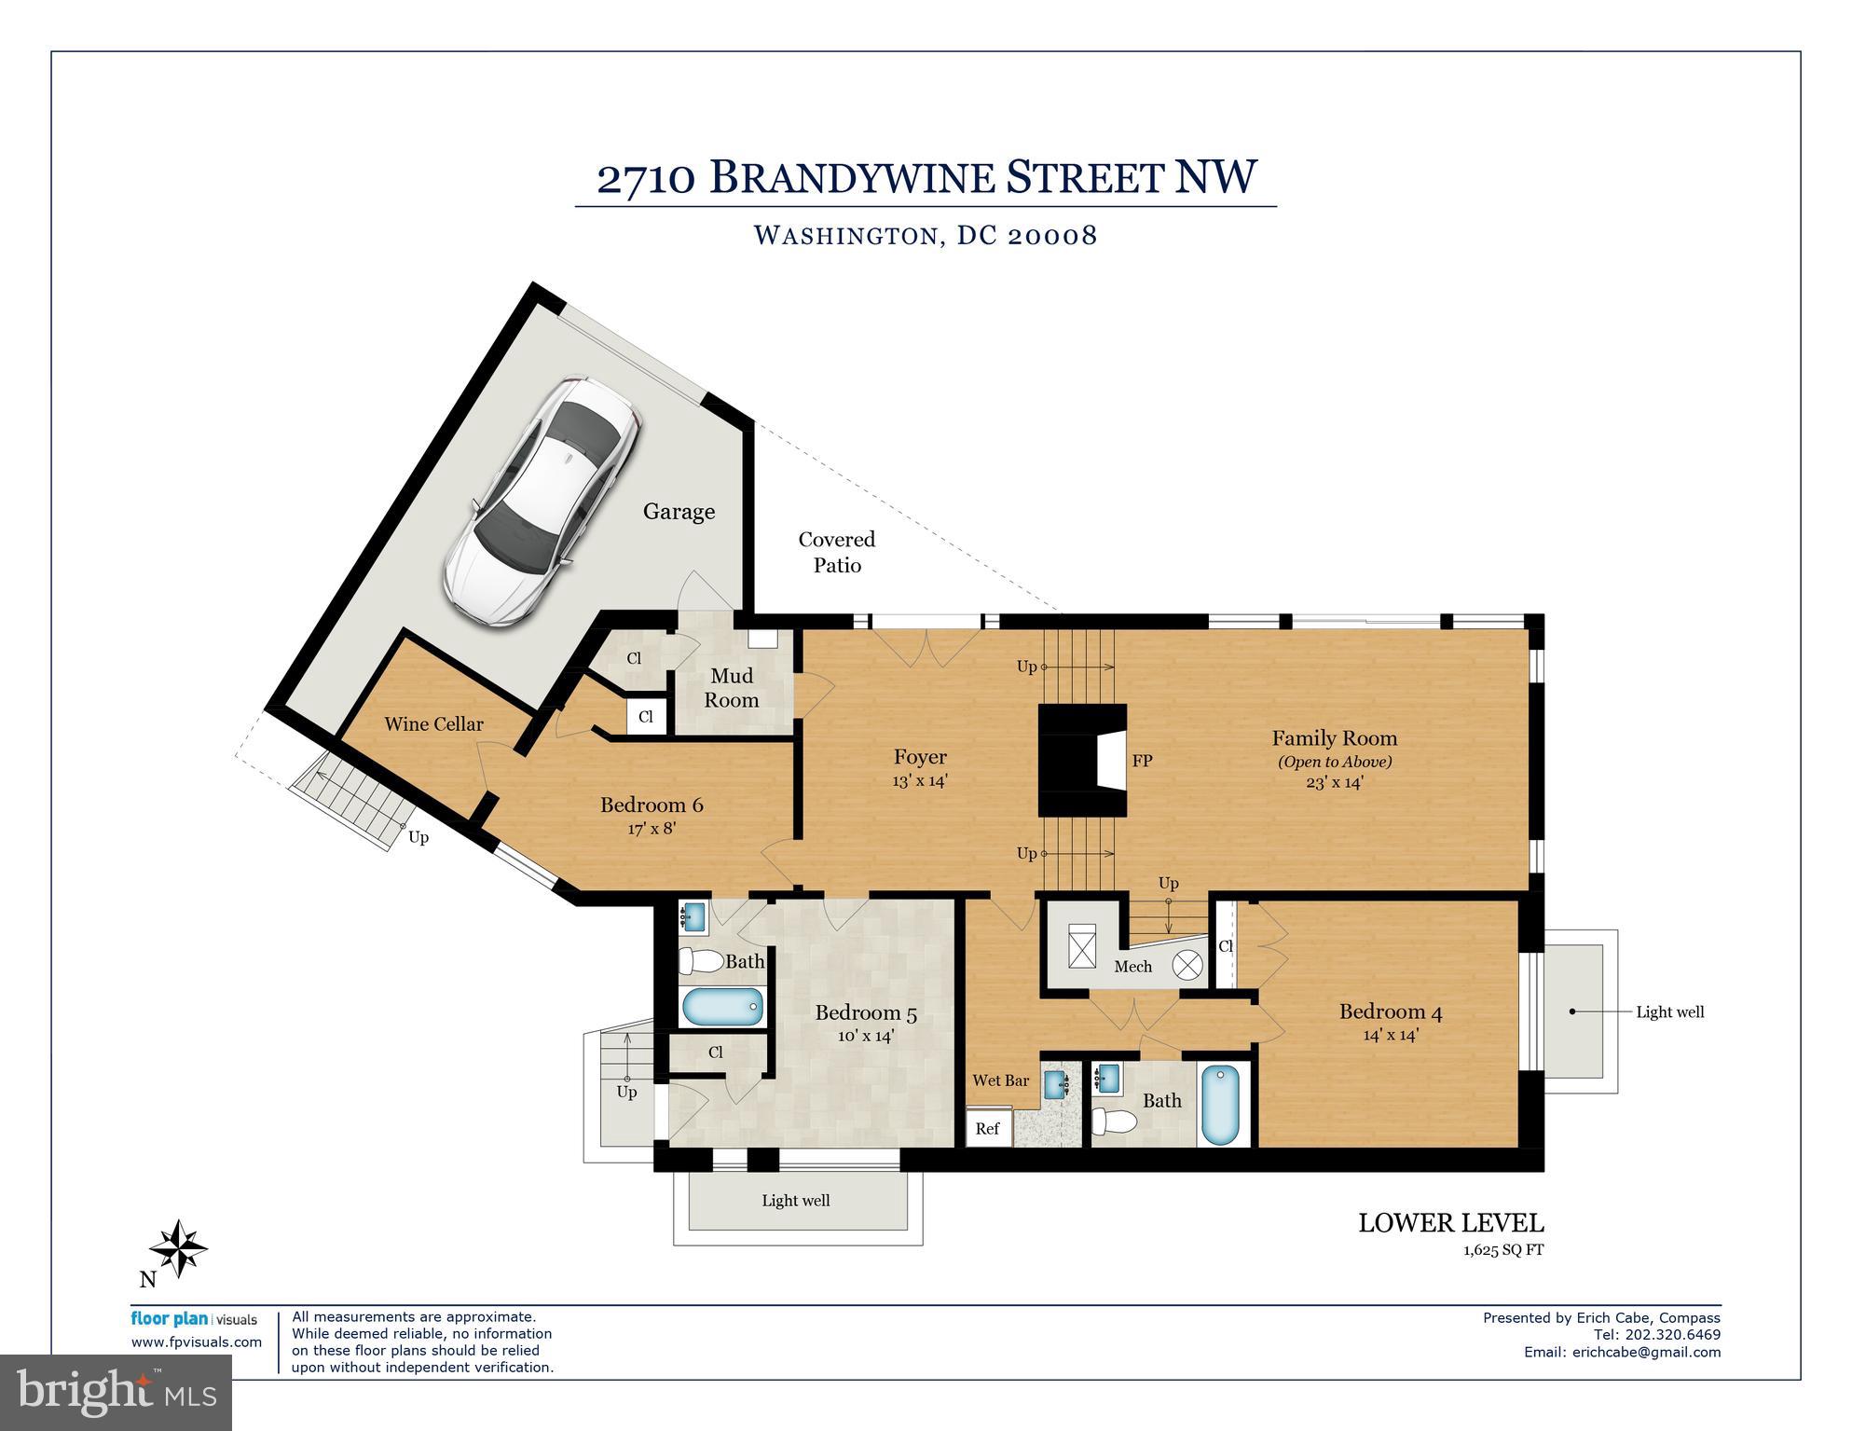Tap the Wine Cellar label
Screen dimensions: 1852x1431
(433, 724)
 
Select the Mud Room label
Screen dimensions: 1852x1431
(732, 688)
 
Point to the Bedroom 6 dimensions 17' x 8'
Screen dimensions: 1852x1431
(651, 828)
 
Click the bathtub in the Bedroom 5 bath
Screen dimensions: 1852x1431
(723, 1008)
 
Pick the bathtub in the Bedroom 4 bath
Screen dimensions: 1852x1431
(1220, 1106)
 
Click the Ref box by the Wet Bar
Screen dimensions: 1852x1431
(987, 1128)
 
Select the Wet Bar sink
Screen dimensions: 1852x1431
(1056, 1083)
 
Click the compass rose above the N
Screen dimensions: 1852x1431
(178, 1248)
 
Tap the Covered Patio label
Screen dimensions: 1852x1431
(837, 552)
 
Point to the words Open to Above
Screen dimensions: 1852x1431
(1335, 762)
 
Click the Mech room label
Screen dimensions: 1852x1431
(1132, 967)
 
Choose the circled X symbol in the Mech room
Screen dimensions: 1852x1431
(1187, 965)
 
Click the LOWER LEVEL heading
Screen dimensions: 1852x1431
(1450, 1223)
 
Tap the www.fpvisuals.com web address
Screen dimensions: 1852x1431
(197, 1342)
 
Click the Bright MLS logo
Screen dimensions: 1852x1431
(117, 1394)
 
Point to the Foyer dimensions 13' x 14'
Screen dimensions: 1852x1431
(920, 781)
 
